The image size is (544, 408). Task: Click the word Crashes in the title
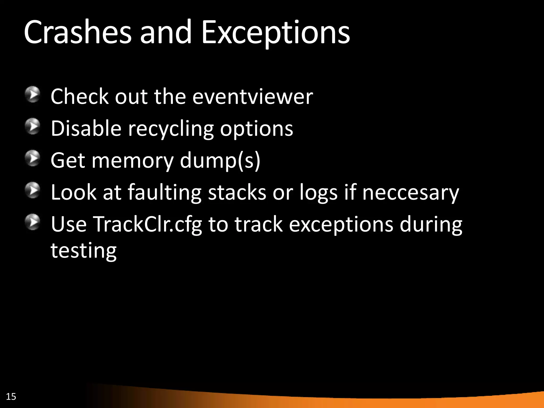(78, 32)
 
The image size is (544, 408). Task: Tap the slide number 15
(11, 397)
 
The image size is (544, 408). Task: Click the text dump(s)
(220, 161)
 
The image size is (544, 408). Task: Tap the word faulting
(164, 193)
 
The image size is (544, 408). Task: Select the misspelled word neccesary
(410, 193)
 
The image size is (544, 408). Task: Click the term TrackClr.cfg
(147, 224)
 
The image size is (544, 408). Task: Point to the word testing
(83, 251)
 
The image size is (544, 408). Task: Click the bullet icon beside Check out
(33, 94)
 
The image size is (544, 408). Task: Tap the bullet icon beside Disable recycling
(33, 126)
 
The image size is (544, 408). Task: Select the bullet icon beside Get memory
(33, 158)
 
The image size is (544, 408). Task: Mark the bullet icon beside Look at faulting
(33, 190)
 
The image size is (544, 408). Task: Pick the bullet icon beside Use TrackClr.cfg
(33, 222)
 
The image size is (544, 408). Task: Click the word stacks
(237, 192)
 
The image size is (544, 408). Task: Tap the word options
(257, 129)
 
